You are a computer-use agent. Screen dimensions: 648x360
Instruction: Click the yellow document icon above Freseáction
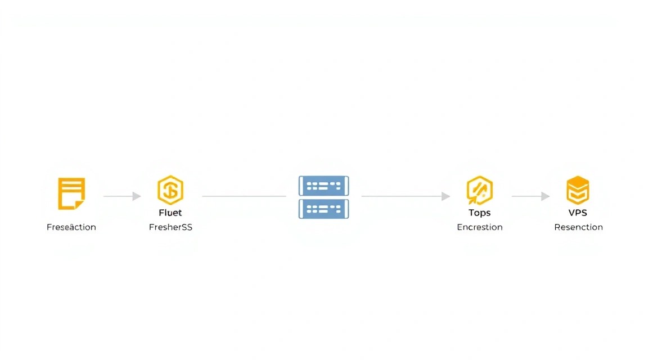71,193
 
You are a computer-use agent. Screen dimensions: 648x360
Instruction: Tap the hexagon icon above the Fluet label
170,190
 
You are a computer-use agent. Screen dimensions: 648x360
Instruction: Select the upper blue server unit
323,186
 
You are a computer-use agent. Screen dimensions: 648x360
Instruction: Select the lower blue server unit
323,209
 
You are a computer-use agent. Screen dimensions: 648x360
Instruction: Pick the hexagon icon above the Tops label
479,190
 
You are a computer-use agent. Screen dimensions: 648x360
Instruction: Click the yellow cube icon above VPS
578,190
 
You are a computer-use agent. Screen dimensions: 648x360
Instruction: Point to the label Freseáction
71,227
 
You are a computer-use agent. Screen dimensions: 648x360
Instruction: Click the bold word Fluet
170,213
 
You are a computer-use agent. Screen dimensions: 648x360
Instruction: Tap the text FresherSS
170,227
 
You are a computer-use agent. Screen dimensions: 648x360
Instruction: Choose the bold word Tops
479,213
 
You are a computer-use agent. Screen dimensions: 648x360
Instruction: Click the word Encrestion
479,227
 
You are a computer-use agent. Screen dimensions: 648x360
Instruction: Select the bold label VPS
578,213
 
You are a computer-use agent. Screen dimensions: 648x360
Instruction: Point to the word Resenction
578,227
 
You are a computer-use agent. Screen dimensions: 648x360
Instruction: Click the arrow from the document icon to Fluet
122,196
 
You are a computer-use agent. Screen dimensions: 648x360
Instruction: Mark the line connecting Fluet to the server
244,196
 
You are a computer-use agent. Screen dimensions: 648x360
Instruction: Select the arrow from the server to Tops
406,196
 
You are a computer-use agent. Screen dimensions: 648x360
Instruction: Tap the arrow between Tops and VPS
530,196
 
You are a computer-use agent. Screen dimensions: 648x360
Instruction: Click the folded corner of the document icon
79,205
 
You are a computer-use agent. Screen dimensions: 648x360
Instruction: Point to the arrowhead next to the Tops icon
445,196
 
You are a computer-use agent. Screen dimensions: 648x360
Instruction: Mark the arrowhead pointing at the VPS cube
546,196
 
